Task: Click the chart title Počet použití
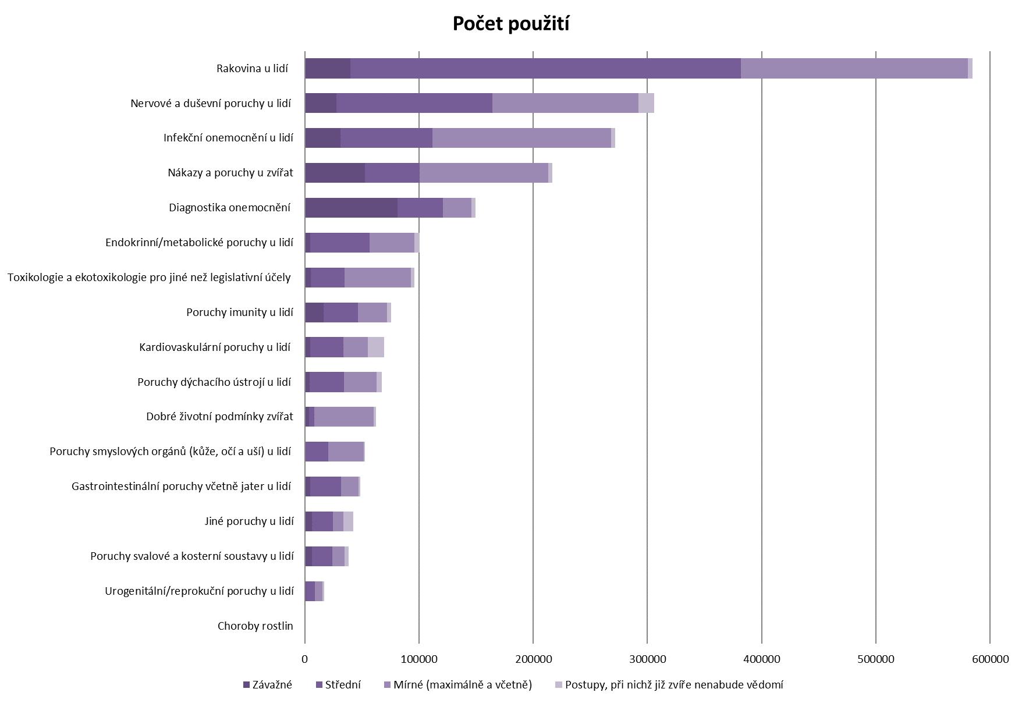click(510, 24)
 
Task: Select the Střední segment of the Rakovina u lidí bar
click(545, 68)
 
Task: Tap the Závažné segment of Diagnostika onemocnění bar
click(351, 208)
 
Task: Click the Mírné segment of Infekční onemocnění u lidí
click(521, 138)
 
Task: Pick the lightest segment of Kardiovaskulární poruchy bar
click(376, 347)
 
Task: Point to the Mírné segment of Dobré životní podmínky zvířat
click(344, 417)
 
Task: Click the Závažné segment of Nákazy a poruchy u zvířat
click(335, 173)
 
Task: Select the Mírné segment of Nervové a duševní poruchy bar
click(565, 103)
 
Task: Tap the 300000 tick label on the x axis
click(647, 659)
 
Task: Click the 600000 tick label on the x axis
click(990, 659)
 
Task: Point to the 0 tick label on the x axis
click(305, 659)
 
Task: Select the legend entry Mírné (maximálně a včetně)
click(463, 685)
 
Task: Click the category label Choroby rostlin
click(255, 626)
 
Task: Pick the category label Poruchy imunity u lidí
click(239, 313)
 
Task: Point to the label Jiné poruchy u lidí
click(249, 521)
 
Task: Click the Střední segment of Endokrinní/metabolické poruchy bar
click(340, 243)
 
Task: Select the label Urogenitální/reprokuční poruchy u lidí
click(199, 591)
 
